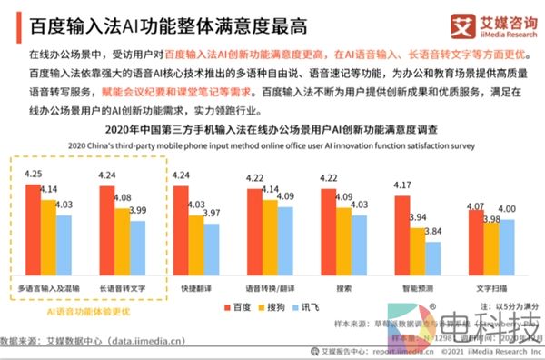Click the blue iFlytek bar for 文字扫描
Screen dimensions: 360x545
pyautogui.click(x=507, y=246)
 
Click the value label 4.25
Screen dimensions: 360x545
pyautogui.click(x=32, y=174)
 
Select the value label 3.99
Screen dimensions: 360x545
pyautogui.click(x=136, y=211)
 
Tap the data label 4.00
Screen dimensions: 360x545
pyautogui.click(x=507, y=209)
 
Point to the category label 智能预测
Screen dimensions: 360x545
pyautogui.click(x=413, y=287)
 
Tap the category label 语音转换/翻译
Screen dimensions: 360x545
pyautogui.click(x=269, y=287)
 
